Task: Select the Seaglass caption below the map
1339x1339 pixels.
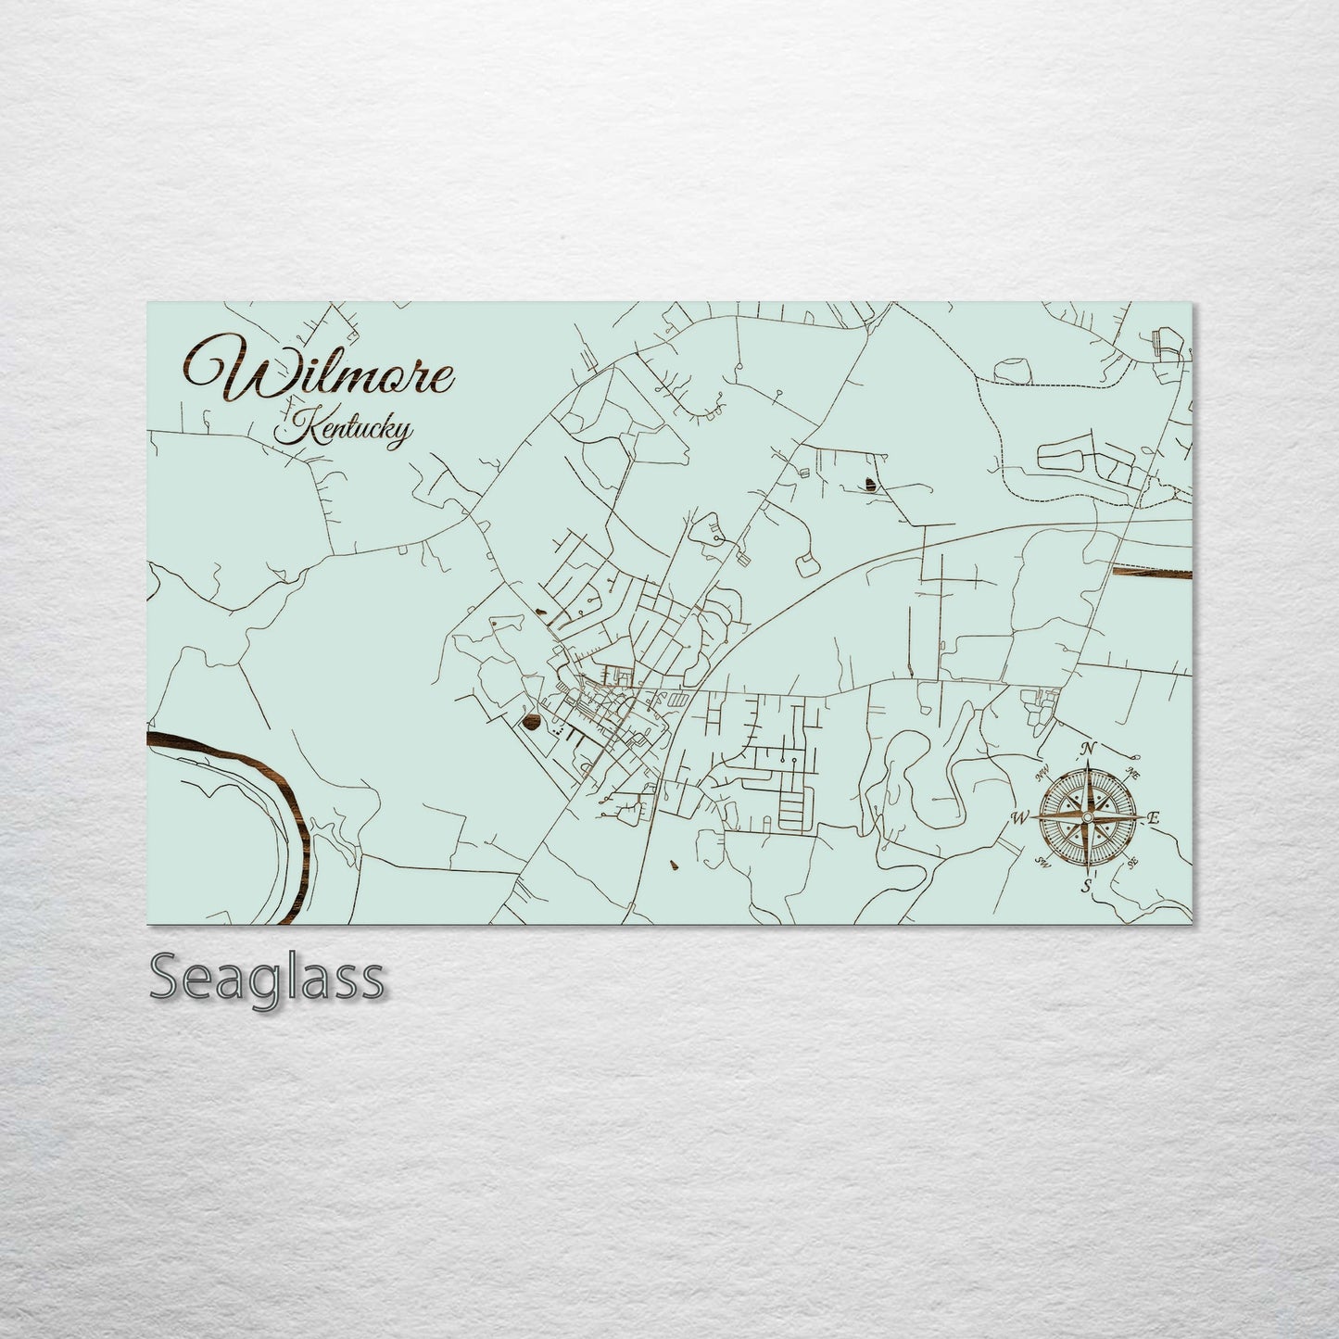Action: (266, 977)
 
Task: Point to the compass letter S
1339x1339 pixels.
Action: (1085, 887)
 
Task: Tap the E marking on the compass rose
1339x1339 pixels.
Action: (1154, 818)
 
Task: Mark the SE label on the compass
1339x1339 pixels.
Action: (1132, 862)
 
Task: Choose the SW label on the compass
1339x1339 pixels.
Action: (1042, 863)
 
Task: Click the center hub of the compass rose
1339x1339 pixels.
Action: (1087, 817)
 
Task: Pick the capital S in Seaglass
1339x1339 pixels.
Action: (166, 978)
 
